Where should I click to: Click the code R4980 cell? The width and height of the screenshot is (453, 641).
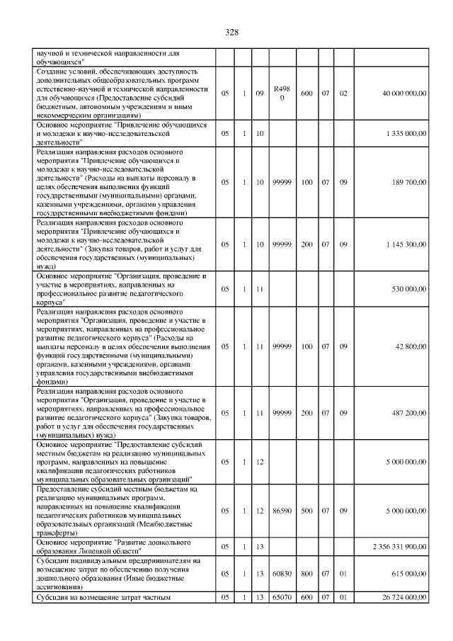coord(282,93)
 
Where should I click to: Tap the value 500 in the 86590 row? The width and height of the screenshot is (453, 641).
coord(306,510)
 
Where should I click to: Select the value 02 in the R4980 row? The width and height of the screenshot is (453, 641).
coord(343,93)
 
